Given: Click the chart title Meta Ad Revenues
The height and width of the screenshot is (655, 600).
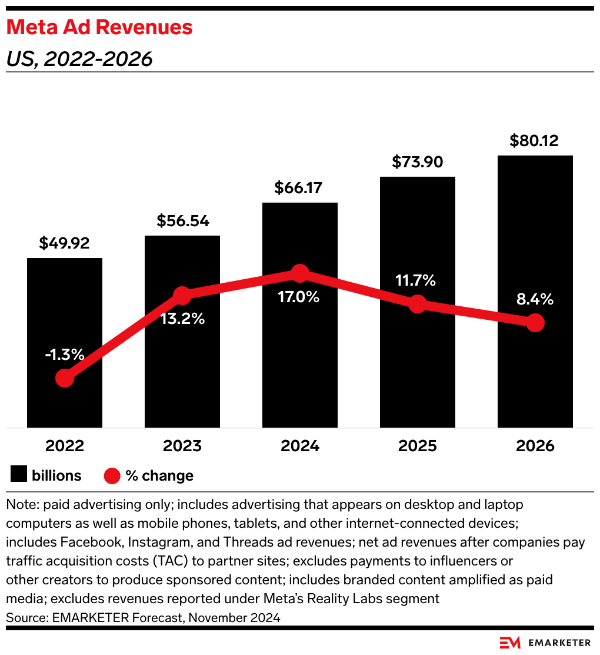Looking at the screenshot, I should coord(99,28).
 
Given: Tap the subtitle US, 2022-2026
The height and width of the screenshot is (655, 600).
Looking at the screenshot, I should coord(79,59).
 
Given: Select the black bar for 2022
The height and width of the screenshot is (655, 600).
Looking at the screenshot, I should coord(65,342).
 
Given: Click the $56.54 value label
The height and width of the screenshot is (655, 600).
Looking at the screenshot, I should coord(182,221).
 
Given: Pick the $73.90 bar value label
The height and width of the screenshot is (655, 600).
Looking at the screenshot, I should coord(418,161).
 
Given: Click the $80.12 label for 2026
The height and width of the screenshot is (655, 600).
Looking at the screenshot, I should coord(535,141).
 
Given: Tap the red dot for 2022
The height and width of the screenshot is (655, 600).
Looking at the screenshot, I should coord(65,378).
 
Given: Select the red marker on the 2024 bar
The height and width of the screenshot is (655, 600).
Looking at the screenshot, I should coord(300,273).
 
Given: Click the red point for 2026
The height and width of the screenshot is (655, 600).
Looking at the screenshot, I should coord(535,323).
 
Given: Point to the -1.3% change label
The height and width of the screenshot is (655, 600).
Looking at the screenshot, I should coord(65,355).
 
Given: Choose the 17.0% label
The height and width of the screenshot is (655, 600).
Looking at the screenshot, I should coord(299,297).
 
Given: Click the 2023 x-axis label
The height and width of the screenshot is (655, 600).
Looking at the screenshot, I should coord(182,446).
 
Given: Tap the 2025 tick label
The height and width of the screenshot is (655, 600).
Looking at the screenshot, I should coord(418,446).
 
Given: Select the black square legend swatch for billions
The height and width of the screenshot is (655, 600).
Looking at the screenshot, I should coord(19,475).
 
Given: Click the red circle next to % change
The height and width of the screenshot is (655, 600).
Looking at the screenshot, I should coord(112,475).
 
